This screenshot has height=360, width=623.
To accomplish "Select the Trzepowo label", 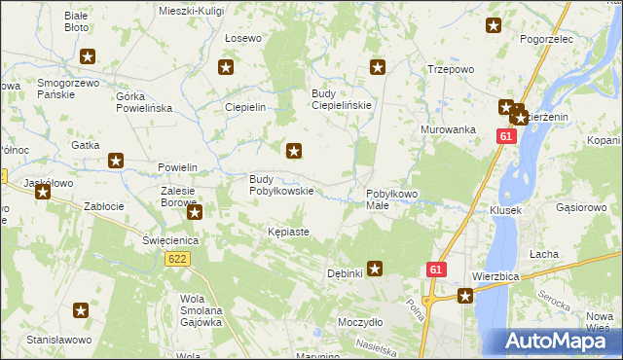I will tap(451, 69).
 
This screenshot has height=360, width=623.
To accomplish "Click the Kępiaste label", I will tap(288, 232).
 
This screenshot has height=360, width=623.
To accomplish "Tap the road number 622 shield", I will tap(177, 259).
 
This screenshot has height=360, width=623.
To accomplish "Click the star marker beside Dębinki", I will tap(375, 270).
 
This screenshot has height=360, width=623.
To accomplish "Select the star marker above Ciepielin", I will tap(227, 68).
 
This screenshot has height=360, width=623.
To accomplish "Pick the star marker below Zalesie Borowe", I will tap(195, 212).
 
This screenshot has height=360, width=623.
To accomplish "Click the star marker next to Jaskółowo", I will tap(43, 193).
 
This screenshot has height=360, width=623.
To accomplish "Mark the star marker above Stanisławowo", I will tap(81, 310).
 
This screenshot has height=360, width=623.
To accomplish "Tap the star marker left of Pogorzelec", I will tap(494, 26).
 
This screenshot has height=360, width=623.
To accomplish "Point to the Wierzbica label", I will tap(496, 275).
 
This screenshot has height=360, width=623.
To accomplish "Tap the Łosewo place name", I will tap(242, 38).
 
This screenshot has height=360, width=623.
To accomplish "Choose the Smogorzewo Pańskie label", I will tap(69, 90).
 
